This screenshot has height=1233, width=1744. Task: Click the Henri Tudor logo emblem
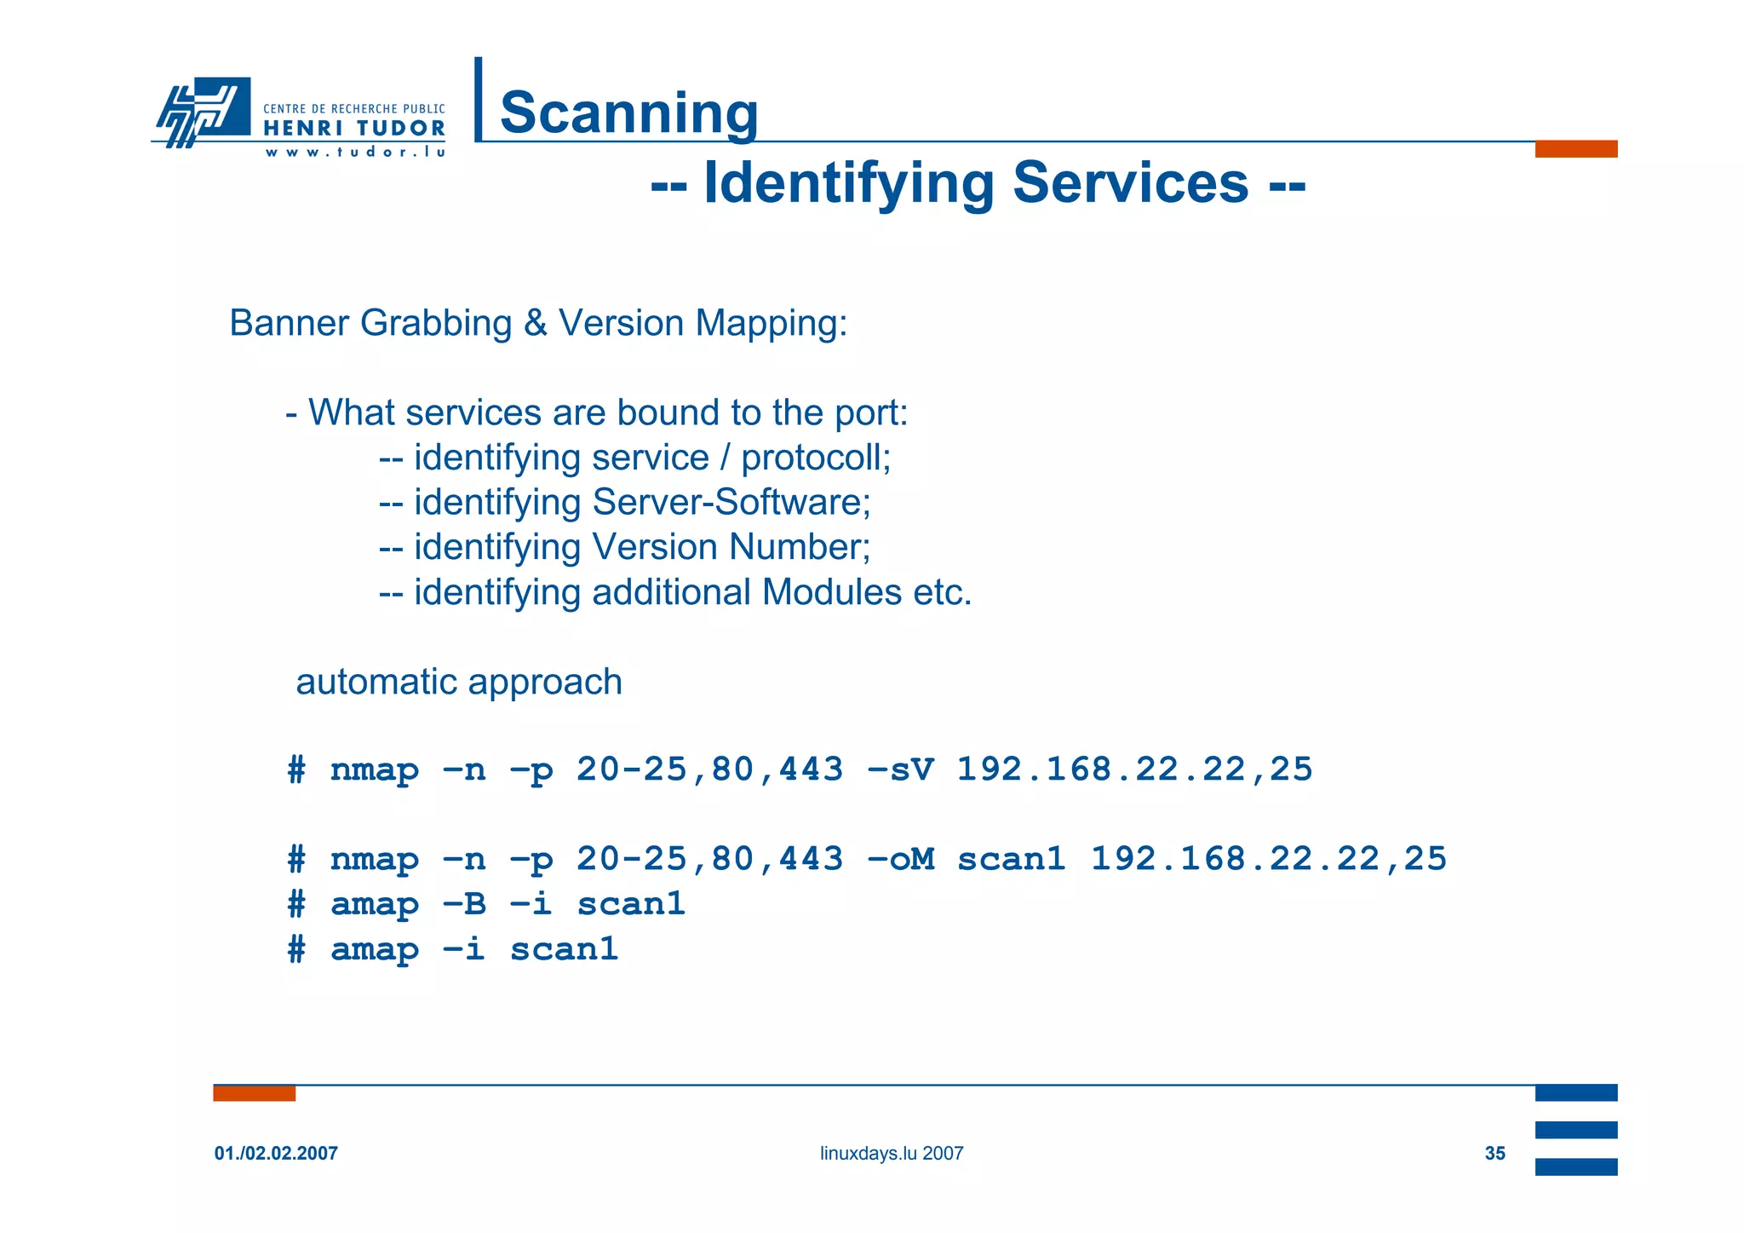[x=203, y=112]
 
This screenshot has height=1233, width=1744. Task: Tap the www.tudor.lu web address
[x=354, y=153]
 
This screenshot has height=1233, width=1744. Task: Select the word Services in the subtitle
[x=1130, y=182]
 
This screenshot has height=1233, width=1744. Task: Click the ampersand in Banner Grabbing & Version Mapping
[x=536, y=324]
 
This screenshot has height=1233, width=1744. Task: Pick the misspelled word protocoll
[x=816, y=458]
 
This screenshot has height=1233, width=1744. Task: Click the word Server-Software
[x=731, y=502]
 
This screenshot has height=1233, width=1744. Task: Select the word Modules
[x=832, y=592]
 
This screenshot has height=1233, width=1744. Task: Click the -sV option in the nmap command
[x=900, y=769]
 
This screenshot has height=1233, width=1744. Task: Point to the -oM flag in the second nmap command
[x=900, y=859]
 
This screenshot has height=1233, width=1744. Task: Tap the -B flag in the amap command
[x=464, y=904]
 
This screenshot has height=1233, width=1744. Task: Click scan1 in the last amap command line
[x=564, y=949]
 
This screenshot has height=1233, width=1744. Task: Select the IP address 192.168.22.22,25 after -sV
[x=1134, y=769]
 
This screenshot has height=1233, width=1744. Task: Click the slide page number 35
[x=1494, y=1154]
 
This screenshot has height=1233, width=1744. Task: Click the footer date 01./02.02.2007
[x=276, y=1154]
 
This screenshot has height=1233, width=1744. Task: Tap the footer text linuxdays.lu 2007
[x=892, y=1154]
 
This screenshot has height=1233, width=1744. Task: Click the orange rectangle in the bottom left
[x=254, y=1093]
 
